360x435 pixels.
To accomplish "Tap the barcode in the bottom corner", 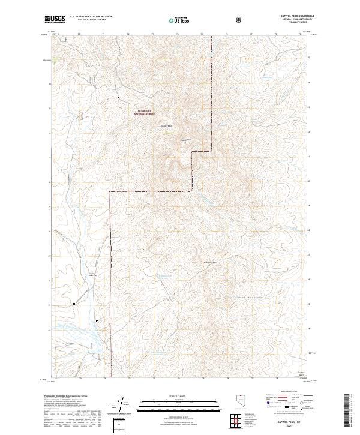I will tap(347, 410).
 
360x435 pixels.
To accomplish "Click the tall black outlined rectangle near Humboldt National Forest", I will tap(119, 100).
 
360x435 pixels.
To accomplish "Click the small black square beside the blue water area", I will tap(97, 322).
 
